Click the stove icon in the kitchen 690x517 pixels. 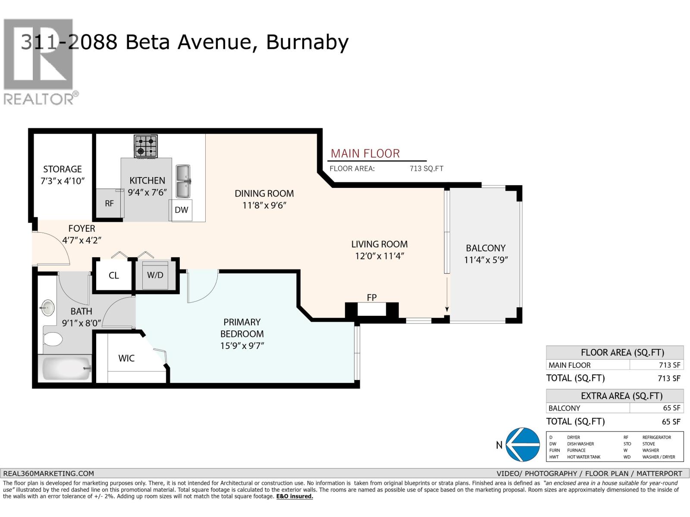(146, 146)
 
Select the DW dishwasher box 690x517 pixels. (181, 210)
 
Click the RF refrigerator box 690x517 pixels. (109, 203)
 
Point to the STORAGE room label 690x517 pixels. (62, 169)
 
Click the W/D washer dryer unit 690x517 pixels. (155, 275)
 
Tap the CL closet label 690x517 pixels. (113, 276)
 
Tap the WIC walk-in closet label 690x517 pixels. (126, 358)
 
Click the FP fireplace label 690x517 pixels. (371, 298)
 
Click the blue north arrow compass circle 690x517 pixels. (523, 445)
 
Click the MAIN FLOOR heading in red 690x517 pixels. (365, 154)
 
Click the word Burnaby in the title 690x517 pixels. (307, 42)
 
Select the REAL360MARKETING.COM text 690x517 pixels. (48, 473)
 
